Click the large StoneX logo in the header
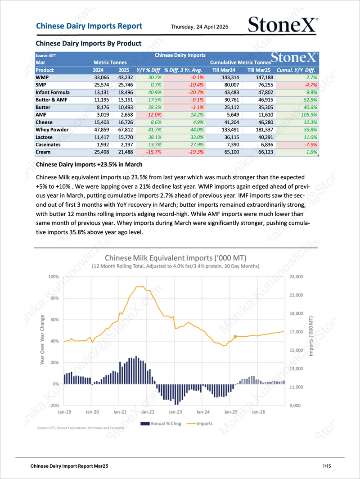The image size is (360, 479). pyautogui.click(x=283, y=25)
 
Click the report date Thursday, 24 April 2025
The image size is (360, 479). pyautogui.click(x=199, y=27)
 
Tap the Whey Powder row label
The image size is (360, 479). pyautogui.click(x=52, y=130)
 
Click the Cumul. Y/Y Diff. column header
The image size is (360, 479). pyautogui.click(x=296, y=70)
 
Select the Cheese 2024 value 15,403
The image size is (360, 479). pyautogui.click(x=102, y=122)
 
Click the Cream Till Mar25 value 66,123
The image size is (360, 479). pyautogui.click(x=265, y=152)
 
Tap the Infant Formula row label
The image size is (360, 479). pyautogui.click(x=53, y=93)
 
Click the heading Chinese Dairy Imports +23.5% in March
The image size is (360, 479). pyautogui.click(x=89, y=165)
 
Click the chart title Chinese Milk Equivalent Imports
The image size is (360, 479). pyautogui.click(x=175, y=258)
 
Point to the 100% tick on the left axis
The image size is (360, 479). pyautogui.click(x=54, y=277)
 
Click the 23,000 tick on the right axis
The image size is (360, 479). pyautogui.click(x=296, y=277)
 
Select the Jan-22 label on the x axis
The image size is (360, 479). pyautogui.click(x=148, y=412)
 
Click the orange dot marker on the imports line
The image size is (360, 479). pyautogui.click(x=235, y=337)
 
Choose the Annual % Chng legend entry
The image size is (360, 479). pyautogui.click(x=161, y=424)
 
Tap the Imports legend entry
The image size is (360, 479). pyautogui.click(x=200, y=424)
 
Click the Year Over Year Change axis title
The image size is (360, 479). pyautogui.click(x=42, y=339)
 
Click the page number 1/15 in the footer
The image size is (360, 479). pyautogui.click(x=327, y=466)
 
